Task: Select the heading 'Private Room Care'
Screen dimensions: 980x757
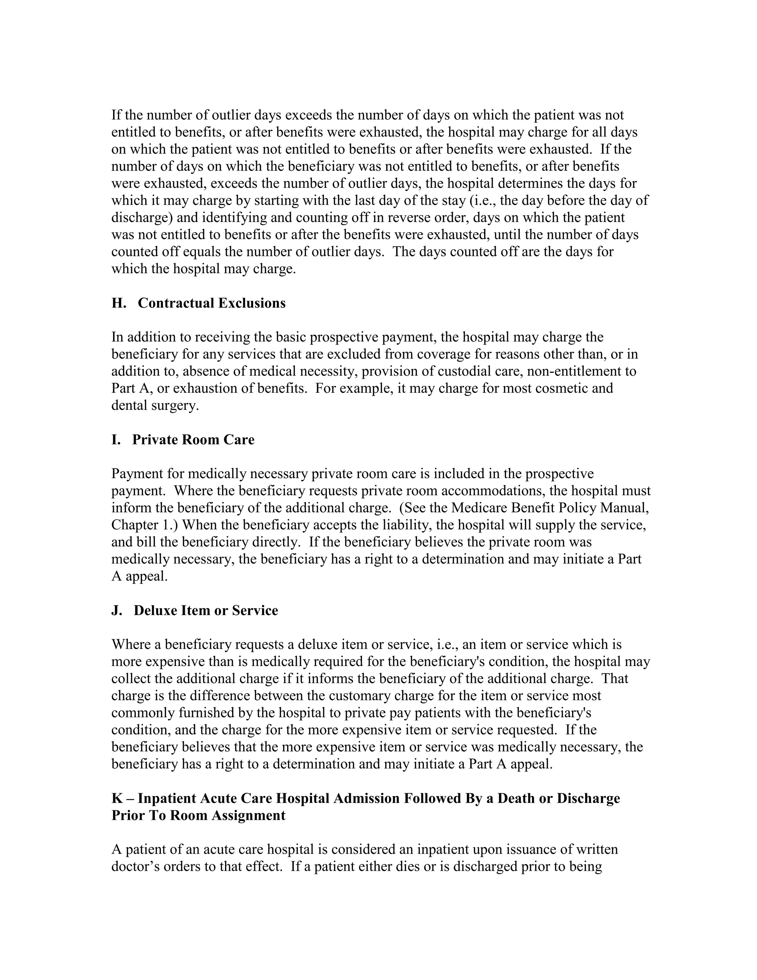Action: [193, 440]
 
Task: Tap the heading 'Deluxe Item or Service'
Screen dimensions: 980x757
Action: [206, 611]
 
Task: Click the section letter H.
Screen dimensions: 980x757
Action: [118, 303]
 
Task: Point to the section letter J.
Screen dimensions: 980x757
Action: [116, 611]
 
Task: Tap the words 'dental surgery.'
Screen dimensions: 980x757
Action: [155, 405]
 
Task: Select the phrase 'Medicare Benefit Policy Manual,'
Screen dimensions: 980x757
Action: [550, 508]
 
